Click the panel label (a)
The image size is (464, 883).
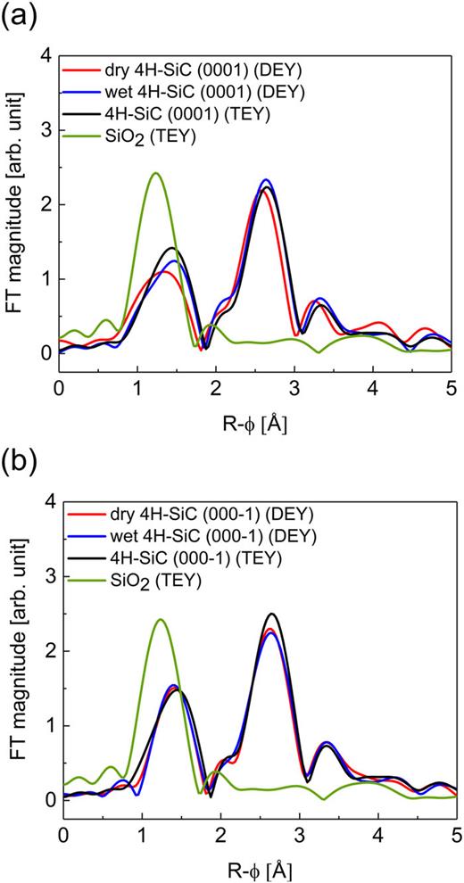[x=19, y=17]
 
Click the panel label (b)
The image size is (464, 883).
[x=19, y=464]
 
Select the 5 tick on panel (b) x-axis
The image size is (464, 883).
[x=455, y=836]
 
